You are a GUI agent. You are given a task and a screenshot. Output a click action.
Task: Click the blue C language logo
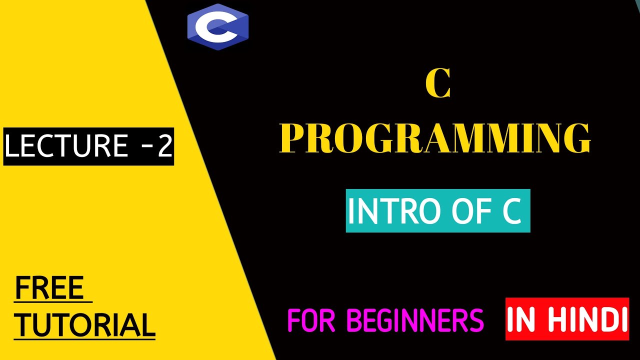(218, 27)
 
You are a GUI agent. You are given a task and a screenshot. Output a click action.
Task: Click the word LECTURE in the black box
(66, 146)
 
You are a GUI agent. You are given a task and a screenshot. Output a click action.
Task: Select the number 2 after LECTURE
(164, 146)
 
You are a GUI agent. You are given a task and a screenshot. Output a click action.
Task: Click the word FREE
(49, 288)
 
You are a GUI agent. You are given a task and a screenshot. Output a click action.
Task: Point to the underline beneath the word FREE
(53, 302)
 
